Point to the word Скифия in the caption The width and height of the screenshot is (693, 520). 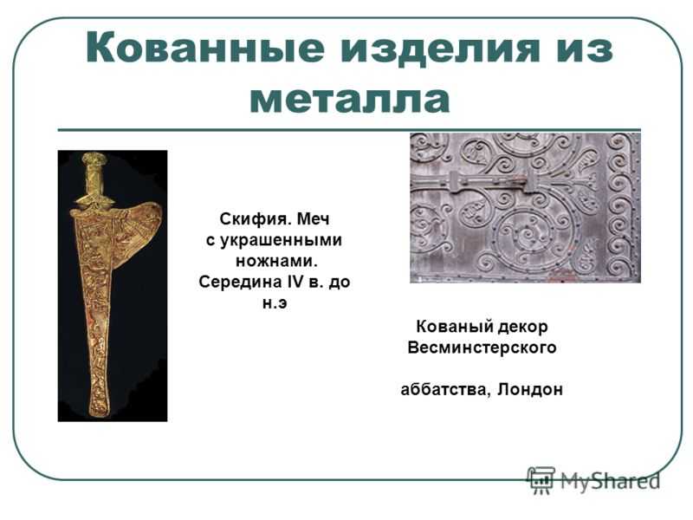coord(255,219)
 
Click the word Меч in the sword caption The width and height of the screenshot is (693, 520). coord(314,219)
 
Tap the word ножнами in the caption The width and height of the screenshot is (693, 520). coord(276,261)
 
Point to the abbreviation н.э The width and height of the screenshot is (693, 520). coord(275,303)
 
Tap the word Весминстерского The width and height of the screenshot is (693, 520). coord(482,348)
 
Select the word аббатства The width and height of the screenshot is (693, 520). coord(446,390)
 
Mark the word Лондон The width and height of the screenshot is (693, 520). coord(530,390)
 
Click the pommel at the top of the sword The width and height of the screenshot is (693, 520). coord(94,159)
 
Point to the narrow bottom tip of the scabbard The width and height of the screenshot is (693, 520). coord(100,409)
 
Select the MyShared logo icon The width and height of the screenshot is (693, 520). coord(541,480)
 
